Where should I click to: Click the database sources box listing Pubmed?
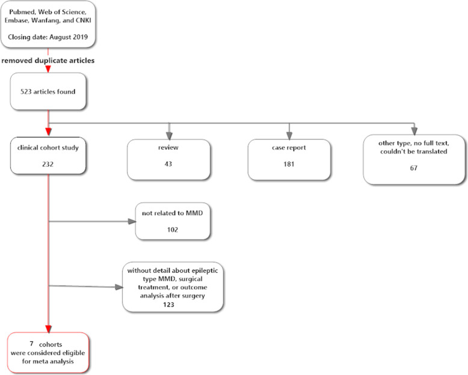(48, 24)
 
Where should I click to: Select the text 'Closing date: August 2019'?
(48, 37)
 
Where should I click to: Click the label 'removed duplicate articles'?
(48, 61)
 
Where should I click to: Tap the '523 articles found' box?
(48, 91)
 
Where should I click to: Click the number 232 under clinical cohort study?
(48, 163)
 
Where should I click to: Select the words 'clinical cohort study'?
(48, 147)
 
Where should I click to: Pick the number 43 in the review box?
(168, 163)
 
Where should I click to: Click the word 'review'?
(168, 147)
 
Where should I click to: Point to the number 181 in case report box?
(289, 163)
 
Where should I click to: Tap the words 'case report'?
(289, 147)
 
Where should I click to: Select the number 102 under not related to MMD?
(173, 230)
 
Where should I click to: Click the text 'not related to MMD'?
(173, 213)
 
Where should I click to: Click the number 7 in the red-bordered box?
(31, 343)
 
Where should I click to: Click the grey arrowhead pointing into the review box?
(169, 135)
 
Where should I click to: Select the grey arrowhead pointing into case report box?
(289, 135)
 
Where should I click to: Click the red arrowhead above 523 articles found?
(48, 69)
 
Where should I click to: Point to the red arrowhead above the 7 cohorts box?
(48, 326)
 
